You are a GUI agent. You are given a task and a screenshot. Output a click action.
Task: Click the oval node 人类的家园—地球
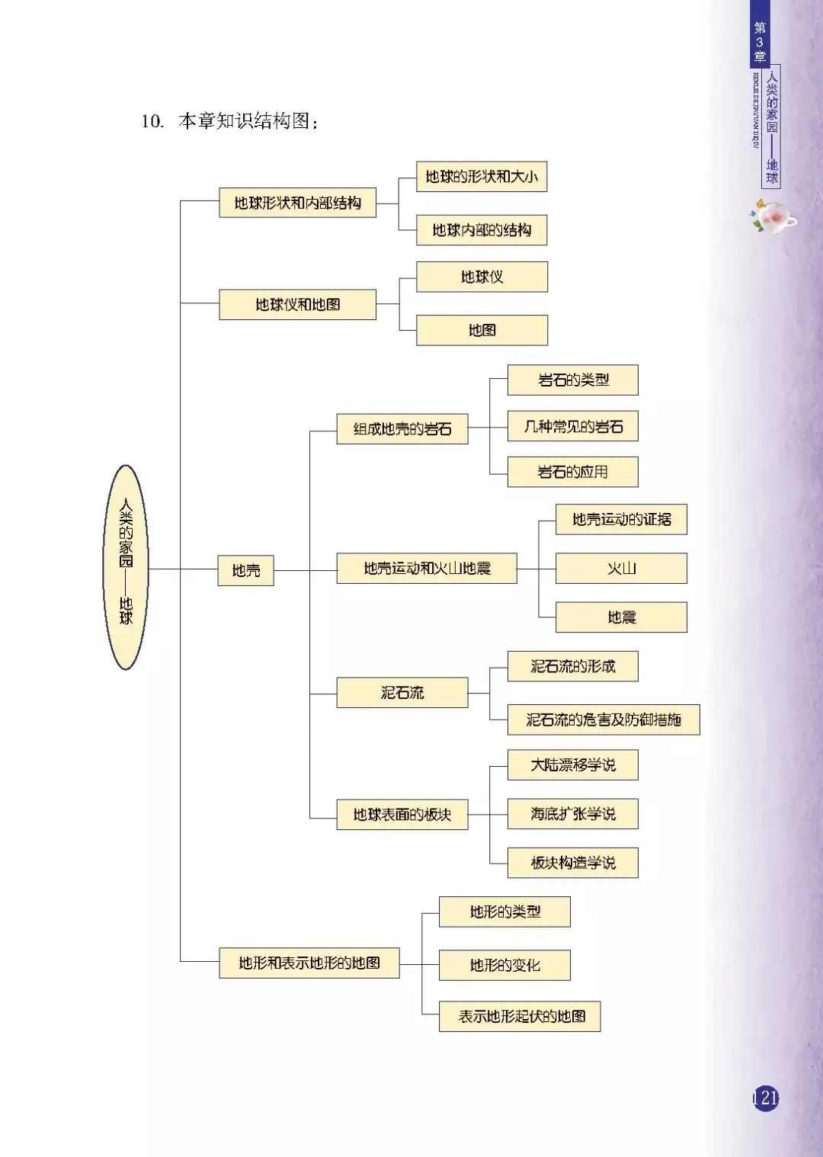125,567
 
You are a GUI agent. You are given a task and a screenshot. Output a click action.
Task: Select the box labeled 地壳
245,570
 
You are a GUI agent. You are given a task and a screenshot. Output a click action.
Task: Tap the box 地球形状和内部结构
297,203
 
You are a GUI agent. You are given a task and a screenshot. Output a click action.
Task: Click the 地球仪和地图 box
297,304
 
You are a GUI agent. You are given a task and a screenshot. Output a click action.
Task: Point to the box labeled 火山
621,569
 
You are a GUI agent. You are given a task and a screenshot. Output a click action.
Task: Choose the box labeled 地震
621,617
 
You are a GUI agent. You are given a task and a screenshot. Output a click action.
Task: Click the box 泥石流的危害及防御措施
604,720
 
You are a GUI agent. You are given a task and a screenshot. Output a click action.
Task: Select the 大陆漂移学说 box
573,765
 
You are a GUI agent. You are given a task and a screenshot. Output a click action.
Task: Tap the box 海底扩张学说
573,814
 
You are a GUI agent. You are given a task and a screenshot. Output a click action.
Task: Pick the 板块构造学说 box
573,863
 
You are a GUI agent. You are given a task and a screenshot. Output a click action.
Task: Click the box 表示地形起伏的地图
520,1016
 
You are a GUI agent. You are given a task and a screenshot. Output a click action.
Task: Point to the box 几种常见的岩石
573,426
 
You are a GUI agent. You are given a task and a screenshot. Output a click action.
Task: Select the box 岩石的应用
573,472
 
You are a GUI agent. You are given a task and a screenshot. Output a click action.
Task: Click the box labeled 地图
482,330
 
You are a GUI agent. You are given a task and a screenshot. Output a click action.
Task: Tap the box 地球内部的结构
482,230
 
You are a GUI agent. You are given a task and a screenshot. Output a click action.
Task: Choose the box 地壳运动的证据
621,520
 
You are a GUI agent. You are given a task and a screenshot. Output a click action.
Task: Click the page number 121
766,1098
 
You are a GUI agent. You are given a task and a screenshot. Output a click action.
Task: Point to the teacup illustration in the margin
773,217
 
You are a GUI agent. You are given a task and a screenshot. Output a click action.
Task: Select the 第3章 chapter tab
760,41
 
